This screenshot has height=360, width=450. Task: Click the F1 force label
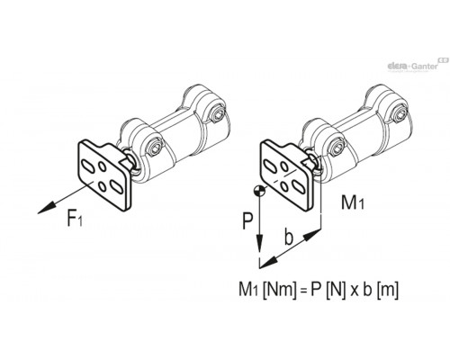pos(75,219)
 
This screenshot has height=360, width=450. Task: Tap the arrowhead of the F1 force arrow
pos(47,208)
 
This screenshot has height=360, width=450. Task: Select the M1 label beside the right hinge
pos(353,202)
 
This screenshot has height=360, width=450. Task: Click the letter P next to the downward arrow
pos(247,221)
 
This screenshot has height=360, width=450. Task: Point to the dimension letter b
pos(289,237)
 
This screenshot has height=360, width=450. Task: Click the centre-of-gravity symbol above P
pos(258,191)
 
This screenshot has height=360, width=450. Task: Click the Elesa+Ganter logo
pos(417,65)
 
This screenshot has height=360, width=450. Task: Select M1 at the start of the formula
pos(249,290)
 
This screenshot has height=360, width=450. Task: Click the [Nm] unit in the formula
pos(279,290)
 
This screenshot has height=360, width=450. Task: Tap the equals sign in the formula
pos(302,291)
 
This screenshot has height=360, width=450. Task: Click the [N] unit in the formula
pos(336,290)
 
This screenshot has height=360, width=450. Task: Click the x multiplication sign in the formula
pos(355,292)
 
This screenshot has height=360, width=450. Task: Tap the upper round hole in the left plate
pos(102,166)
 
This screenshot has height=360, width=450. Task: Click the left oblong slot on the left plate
pos(87,166)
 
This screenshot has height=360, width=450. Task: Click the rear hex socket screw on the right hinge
pos(399,114)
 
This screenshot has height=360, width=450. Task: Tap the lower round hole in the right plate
pos(284,186)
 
